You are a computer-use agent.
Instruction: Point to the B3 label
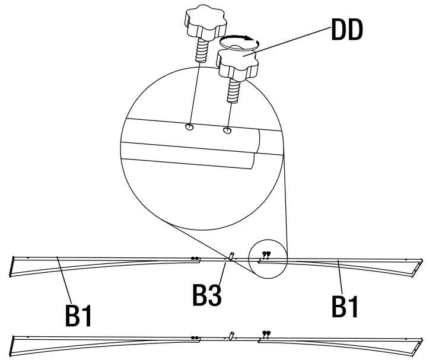[207, 295]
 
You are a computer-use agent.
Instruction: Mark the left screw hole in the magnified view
[189, 127]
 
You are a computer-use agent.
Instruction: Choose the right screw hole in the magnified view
[227, 129]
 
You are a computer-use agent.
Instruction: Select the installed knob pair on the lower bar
[265, 334]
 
